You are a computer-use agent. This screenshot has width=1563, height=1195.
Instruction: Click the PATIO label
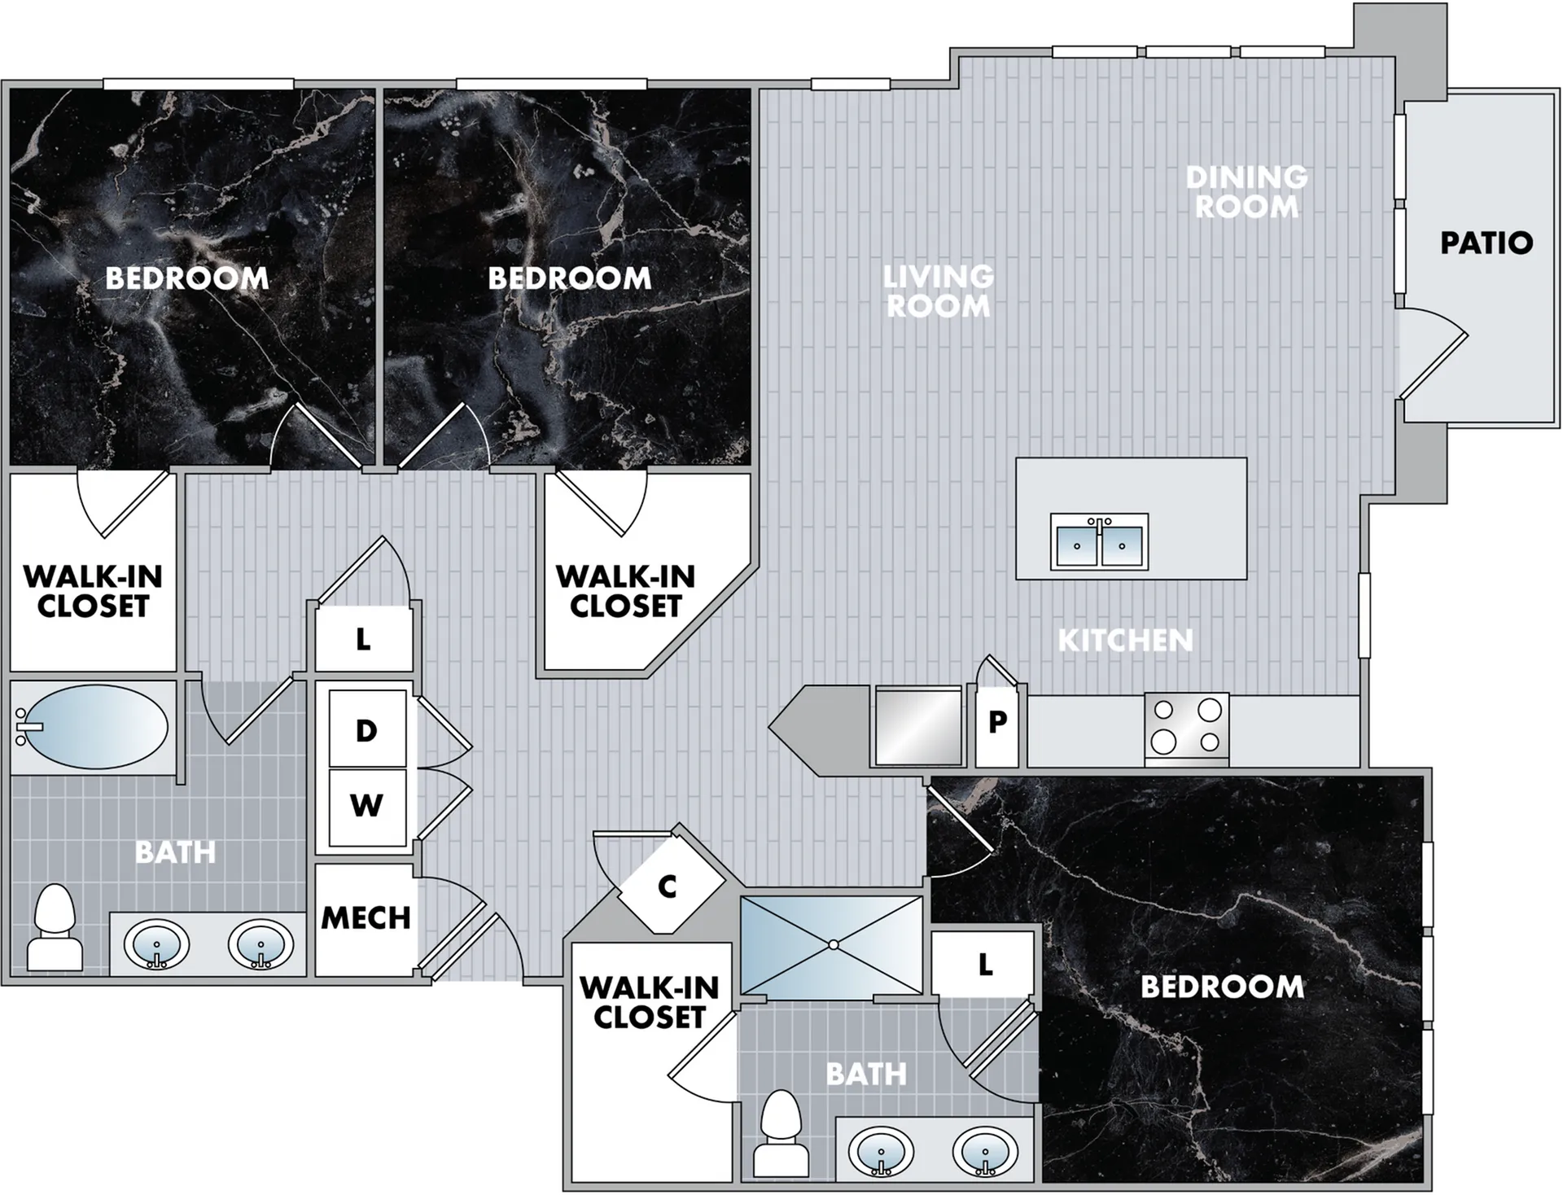[x=1486, y=243]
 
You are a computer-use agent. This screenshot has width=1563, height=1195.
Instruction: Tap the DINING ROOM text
[x=1246, y=192]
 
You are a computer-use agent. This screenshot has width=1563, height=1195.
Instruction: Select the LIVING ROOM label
[x=939, y=291]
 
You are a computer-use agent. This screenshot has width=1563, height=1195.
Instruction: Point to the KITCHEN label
[x=1125, y=641]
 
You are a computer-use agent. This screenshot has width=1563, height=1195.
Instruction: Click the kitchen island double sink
[x=1099, y=542]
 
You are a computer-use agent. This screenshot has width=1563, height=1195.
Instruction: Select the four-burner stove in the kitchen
[x=1187, y=728]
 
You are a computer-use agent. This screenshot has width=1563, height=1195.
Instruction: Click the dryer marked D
[x=367, y=729]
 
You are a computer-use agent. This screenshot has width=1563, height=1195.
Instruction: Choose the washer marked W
[x=367, y=807]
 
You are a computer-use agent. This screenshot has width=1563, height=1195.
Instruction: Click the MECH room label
[x=366, y=918]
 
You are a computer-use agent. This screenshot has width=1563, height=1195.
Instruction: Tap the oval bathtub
[x=92, y=726]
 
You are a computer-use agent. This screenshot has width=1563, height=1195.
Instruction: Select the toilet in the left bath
[x=55, y=928]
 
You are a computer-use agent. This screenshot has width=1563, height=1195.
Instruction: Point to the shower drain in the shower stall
[x=833, y=945]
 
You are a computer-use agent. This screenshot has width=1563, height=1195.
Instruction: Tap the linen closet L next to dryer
[x=363, y=639]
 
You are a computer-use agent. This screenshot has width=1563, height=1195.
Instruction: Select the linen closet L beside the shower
[x=984, y=965]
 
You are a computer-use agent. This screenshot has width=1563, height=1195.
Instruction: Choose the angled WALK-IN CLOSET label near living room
[x=626, y=591]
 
